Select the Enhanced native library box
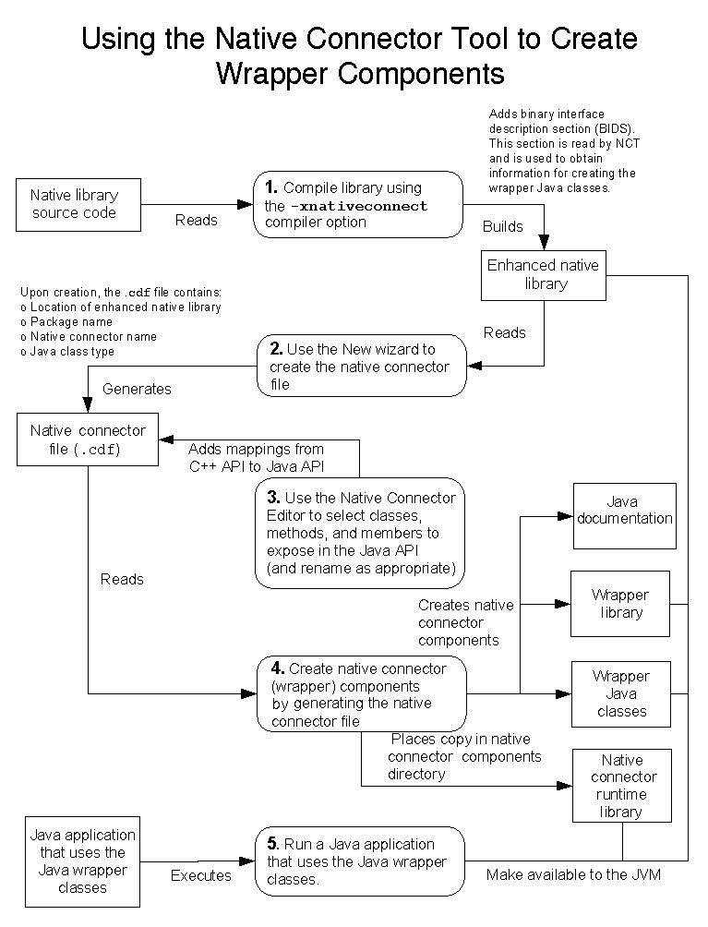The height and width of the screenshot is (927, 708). coord(543,274)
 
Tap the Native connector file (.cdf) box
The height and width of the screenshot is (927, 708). coord(88,440)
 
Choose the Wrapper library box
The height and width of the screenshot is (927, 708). coord(620,604)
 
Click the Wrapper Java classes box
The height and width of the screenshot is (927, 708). coord(620,693)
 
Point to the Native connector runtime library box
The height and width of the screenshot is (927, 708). coord(621,786)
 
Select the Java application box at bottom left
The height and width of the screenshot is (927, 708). coord(82,861)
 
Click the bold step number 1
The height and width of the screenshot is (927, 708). coord(271,188)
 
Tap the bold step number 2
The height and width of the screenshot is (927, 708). coord(276,350)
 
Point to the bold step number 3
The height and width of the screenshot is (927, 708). coord(274,498)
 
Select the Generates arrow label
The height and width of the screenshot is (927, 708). coord(137,389)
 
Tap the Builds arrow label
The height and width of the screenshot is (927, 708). coord(502,226)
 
